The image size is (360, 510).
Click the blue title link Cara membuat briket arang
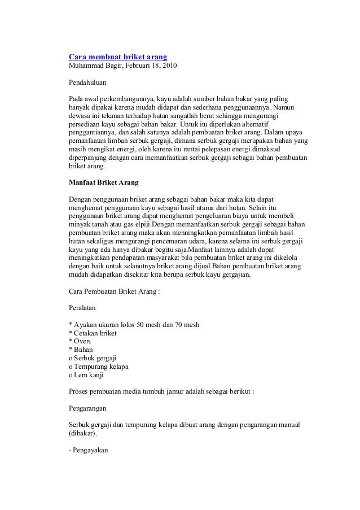point(117,57)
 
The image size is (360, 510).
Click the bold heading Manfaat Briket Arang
point(103,183)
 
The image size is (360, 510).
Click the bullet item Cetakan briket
point(94,333)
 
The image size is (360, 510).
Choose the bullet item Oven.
point(81,341)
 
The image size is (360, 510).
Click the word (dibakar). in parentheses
point(82,434)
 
